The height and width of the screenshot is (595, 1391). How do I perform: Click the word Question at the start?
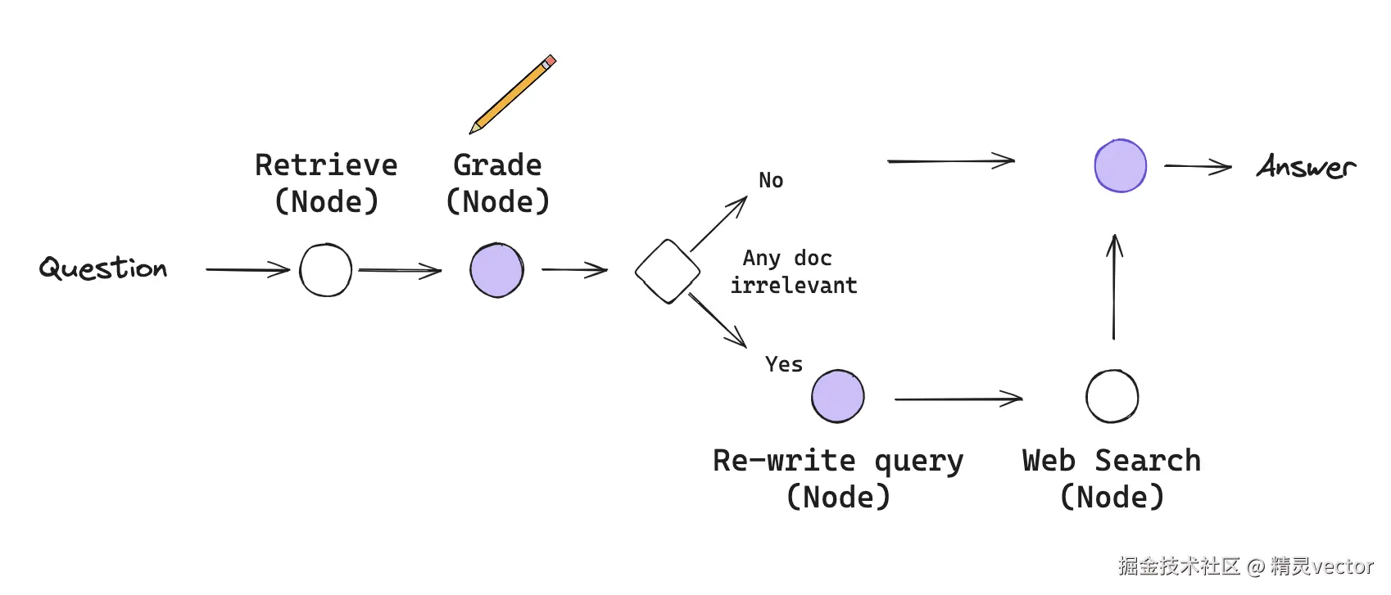(x=103, y=268)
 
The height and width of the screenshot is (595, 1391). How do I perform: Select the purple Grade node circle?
(x=496, y=270)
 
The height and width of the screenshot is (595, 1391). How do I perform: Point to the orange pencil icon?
(x=512, y=94)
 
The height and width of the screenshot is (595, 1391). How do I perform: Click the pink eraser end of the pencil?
(x=550, y=61)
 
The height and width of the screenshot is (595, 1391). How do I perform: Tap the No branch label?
(x=771, y=181)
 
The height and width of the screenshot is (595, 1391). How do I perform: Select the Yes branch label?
(x=784, y=364)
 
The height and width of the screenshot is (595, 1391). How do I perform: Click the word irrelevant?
(x=794, y=286)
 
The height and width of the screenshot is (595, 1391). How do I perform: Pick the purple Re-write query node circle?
(x=838, y=396)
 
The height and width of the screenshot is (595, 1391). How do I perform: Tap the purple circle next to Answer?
(x=1120, y=165)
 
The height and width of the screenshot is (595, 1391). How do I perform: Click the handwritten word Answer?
(x=1307, y=166)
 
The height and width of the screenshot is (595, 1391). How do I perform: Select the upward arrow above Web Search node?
(x=1114, y=286)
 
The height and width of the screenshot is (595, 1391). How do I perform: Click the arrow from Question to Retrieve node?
(x=247, y=269)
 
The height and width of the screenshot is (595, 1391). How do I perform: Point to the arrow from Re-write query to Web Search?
(x=958, y=399)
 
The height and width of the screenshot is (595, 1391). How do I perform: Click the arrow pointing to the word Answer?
(x=1198, y=166)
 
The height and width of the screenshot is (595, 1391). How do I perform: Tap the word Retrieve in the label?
(x=326, y=165)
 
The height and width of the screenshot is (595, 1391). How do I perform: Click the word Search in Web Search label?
(x=1148, y=460)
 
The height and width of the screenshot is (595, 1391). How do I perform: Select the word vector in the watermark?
(x=1343, y=566)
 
